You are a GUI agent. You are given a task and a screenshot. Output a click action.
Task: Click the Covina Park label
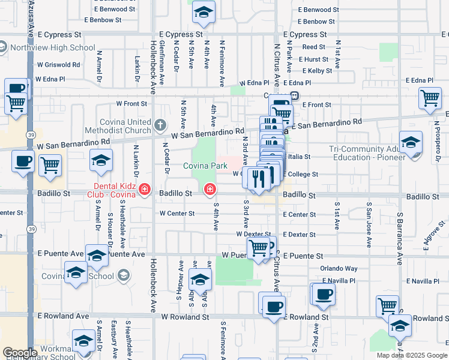[x=205, y=166]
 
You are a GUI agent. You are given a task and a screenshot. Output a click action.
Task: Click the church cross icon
[x=159, y=125]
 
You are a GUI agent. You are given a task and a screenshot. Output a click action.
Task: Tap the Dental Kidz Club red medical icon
[x=144, y=190]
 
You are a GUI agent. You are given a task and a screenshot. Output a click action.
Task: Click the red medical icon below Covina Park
[x=210, y=190]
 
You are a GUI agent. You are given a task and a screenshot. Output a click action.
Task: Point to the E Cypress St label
[x=305, y=35]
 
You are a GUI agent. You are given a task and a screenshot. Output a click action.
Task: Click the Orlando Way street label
[x=339, y=268]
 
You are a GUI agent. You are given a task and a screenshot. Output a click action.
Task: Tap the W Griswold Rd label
[x=58, y=64]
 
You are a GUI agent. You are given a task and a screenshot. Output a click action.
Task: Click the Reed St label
[x=313, y=47]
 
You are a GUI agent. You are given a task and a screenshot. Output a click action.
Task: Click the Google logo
[x=19, y=353]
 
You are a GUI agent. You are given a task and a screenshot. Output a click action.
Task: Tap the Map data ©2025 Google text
[x=411, y=355]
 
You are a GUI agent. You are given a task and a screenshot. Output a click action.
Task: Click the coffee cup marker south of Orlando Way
[x=324, y=295]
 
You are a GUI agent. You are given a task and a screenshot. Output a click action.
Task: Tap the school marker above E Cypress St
[x=204, y=13]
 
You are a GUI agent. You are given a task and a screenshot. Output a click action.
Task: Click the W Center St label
[x=177, y=213]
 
